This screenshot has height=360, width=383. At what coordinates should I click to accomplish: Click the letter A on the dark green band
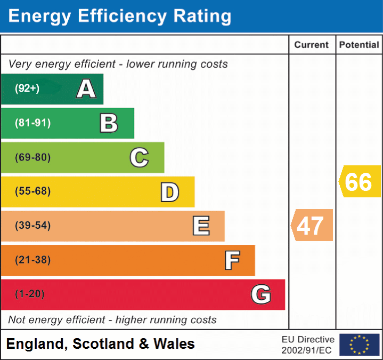[x=86, y=89]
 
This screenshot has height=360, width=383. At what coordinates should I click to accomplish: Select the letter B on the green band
[x=109, y=123]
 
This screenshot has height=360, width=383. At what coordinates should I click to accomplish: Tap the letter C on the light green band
[x=139, y=158]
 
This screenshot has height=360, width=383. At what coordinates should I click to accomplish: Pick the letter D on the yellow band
[x=169, y=192]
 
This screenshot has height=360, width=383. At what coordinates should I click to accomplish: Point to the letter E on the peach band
[x=201, y=226]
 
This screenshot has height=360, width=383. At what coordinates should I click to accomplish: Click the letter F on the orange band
[x=232, y=261]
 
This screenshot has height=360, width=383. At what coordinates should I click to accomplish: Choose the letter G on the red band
[x=261, y=294]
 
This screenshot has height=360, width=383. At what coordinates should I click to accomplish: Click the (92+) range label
[x=27, y=89]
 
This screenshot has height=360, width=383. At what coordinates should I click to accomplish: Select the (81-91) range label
[x=33, y=123]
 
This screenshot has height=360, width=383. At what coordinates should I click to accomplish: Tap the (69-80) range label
[x=33, y=158]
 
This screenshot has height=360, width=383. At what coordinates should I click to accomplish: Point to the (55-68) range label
[x=33, y=191]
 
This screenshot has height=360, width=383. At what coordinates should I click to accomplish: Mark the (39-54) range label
[x=33, y=226]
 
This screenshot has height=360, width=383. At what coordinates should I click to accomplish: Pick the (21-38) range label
[x=33, y=260]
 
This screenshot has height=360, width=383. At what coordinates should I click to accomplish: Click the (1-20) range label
[x=30, y=294]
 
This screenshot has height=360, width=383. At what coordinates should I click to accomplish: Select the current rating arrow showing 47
[x=312, y=225]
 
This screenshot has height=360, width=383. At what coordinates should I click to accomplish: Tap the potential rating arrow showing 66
[x=360, y=182]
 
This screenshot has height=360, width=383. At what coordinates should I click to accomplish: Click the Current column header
[x=312, y=45]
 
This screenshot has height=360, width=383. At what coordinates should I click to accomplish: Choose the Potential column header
[x=359, y=45]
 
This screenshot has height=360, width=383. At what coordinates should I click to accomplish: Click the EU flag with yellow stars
[x=359, y=345]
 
